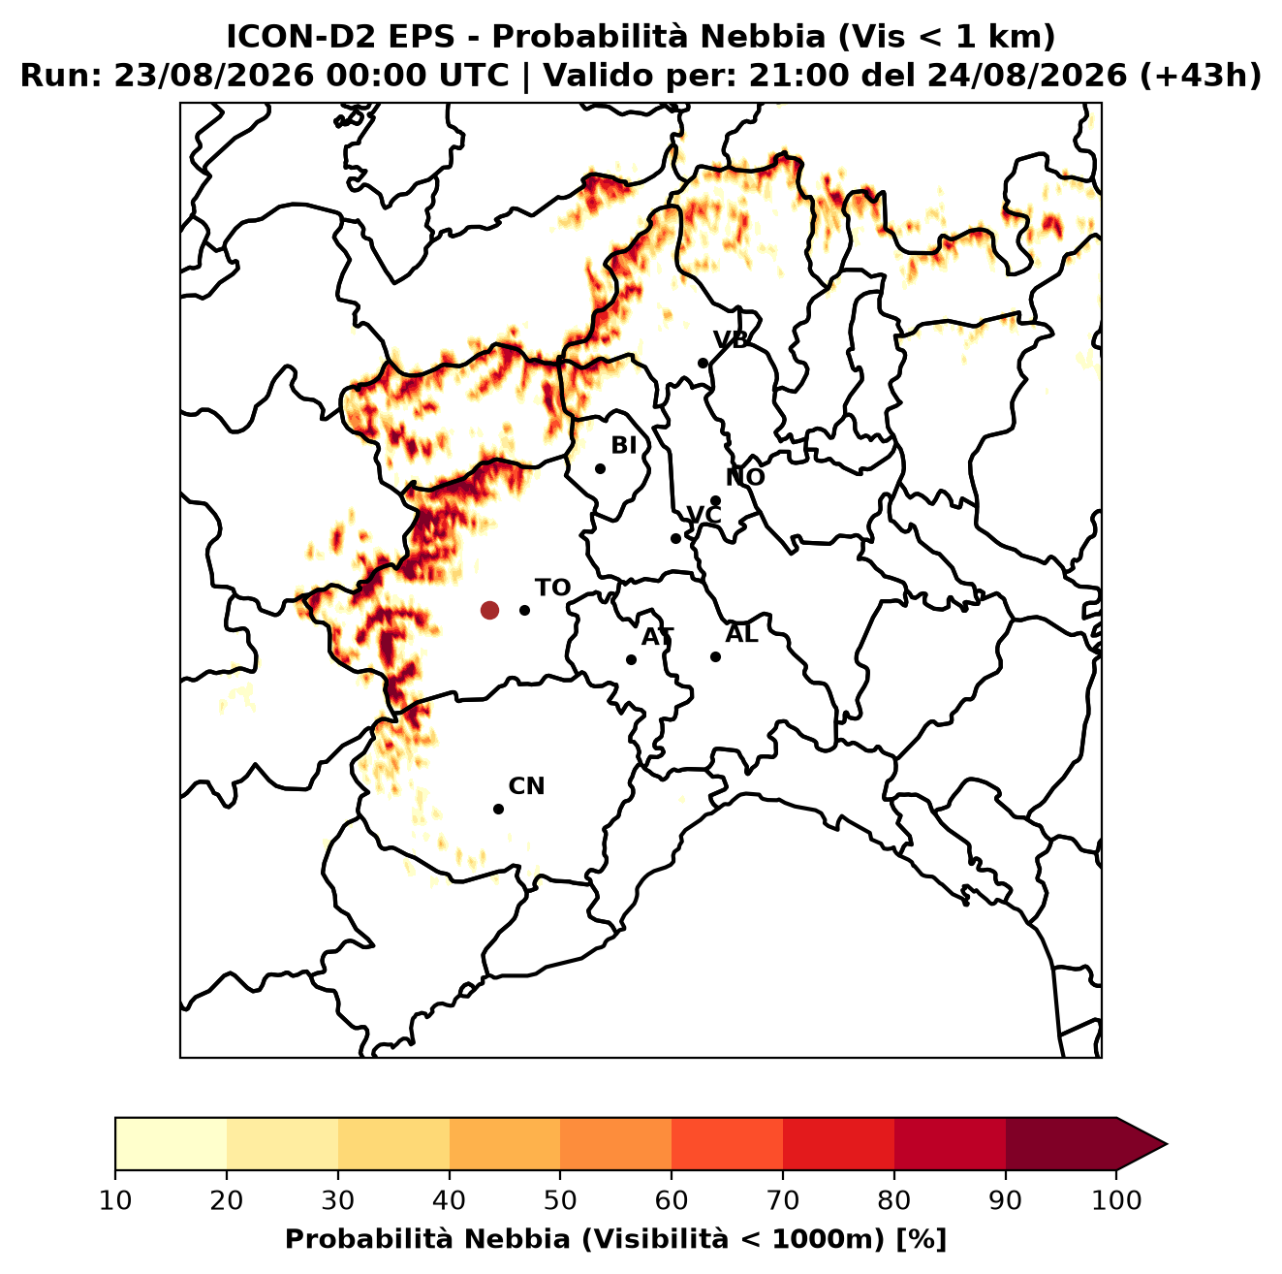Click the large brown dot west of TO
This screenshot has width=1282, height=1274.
tap(489, 610)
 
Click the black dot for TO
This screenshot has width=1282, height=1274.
tap(524, 610)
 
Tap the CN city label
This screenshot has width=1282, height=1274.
tap(526, 786)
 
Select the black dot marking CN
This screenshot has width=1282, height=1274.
tap(498, 810)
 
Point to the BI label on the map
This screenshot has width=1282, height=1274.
tap(624, 446)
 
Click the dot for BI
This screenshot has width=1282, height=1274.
tap(600, 469)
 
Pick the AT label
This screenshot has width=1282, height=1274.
tap(657, 637)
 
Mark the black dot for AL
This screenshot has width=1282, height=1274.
tap(715, 656)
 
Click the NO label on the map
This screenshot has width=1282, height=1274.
tap(745, 477)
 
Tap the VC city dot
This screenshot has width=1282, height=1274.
tap(676, 538)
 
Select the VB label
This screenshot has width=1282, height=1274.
tap(731, 339)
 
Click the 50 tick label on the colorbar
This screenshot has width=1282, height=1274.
tap(560, 1200)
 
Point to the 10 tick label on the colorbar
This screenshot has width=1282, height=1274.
tap(115, 1200)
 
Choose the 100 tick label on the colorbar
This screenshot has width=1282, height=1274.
tap(1117, 1200)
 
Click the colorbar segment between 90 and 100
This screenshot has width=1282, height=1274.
tap(1061, 1144)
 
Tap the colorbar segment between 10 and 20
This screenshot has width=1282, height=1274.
tap(171, 1144)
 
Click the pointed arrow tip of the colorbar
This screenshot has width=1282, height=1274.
tap(1167, 1144)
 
